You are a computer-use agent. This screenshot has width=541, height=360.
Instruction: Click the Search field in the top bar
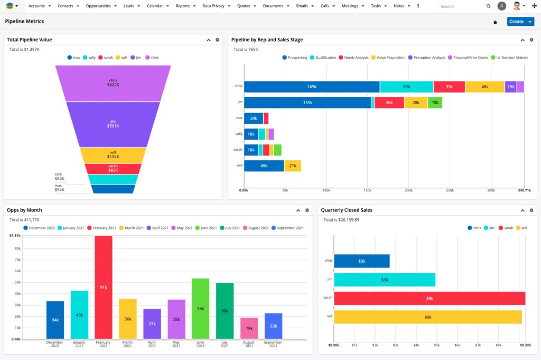(461, 6)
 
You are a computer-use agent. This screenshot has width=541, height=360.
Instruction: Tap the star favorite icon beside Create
(495, 22)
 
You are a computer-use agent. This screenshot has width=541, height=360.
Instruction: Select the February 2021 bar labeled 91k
(104, 287)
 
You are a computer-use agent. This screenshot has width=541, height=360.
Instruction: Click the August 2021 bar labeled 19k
(249, 328)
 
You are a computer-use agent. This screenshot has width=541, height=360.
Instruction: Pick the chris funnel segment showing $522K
(113, 82)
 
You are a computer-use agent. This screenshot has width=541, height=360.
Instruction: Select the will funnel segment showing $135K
(113, 155)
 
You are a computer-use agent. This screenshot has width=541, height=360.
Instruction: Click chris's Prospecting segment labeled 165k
(312, 87)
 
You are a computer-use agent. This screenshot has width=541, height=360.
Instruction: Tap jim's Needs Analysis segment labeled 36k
(389, 103)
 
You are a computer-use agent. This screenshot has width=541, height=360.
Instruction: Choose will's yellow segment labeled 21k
(293, 166)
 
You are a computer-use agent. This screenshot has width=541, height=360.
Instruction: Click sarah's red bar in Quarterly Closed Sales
(430, 298)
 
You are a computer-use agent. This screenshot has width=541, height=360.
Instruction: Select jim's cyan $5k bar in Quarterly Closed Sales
(385, 280)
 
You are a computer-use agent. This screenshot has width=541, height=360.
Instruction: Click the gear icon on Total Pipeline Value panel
(217, 40)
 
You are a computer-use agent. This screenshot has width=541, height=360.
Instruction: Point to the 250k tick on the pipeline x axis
(450, 190)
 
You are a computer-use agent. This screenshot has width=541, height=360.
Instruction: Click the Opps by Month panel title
(24, 210)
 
